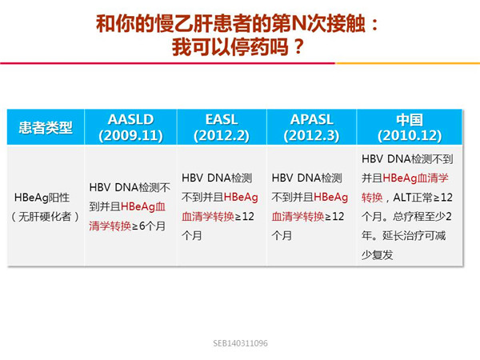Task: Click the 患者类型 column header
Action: tap(46, 127)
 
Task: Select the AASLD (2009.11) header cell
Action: tap(130, 127)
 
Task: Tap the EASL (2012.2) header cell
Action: tap(222, 127)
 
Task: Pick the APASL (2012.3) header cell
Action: tap(312, 127)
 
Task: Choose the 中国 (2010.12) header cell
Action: tap(410, 127)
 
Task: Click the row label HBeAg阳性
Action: tap(42, 198)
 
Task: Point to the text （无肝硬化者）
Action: tap(45, 217)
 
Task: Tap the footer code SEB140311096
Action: tap(240, 343)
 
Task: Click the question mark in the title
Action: tap(298, 47)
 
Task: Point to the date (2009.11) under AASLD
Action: tap(130, 136)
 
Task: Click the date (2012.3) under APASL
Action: tap(312, 136)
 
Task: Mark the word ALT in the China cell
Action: tap(402, 198)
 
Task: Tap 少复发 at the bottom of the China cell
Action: tap(377, 254)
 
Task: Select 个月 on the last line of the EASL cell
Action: tap(192, 236)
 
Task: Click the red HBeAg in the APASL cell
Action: tap(331, 198)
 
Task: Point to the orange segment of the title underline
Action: tap(408, 63)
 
